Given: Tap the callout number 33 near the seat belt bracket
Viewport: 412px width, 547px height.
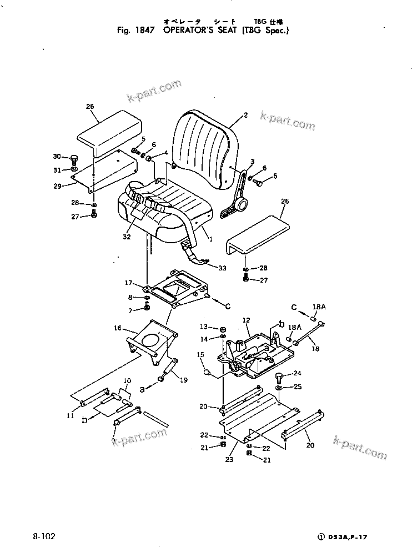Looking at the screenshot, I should click(x=222, y=268).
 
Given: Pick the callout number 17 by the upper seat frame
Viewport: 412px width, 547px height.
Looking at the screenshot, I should click(x=129, y=283).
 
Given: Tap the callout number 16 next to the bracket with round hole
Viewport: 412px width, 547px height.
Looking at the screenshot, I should click(x=117, y=329).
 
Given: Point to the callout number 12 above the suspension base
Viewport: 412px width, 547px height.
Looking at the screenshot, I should click(x=247, y=320).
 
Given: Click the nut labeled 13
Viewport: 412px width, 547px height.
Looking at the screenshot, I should click(x=222, y=328).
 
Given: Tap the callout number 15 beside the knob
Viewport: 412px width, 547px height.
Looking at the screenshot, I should click(x=200, y=354).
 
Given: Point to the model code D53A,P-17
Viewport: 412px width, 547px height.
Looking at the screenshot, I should click(x=349, y=537).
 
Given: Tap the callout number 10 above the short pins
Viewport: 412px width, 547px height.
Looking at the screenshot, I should click(x=127, y=380).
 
